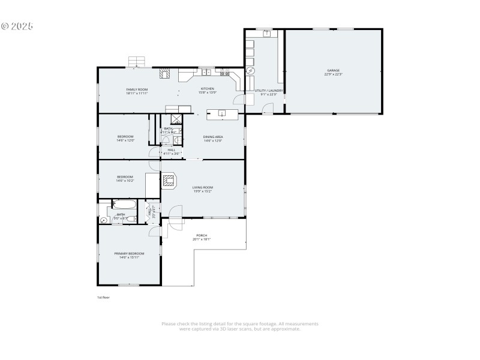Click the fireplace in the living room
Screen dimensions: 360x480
coord(169,181)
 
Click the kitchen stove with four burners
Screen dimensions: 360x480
coord(226,74)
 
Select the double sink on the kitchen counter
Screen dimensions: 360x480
coord(205,73)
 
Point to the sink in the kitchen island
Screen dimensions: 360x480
coord(222,113)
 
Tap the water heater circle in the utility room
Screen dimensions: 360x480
coord(251,71)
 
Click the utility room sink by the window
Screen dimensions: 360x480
coord(267,34)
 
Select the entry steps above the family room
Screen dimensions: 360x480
coord(137,61)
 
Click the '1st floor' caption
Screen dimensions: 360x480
coord(103,297)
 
